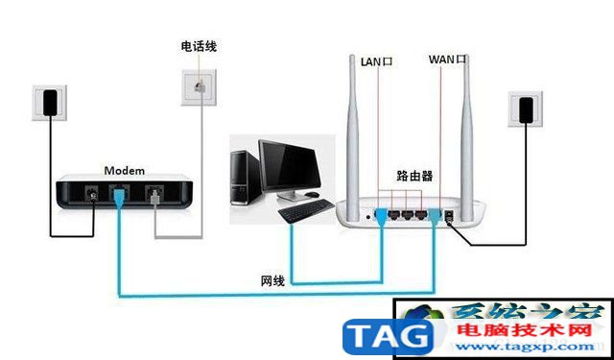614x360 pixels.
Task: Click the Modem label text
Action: tap(125, 170)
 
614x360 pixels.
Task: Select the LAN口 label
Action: tap(377, 61)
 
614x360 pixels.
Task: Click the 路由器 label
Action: tap(414, 177)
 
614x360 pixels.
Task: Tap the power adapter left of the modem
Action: tap(50, 102)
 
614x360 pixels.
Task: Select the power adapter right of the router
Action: tap(526, 109)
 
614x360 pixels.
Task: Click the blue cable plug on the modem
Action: tap(116, 198)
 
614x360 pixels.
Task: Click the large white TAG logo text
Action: tap(389, 335)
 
